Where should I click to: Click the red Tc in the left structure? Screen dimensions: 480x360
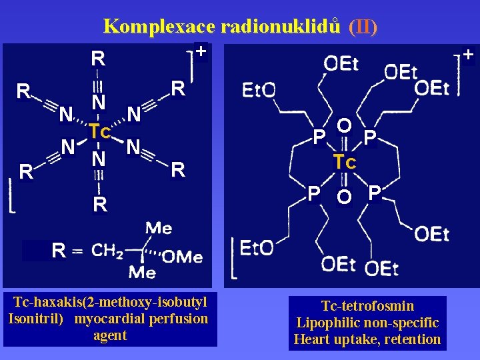[99, 131]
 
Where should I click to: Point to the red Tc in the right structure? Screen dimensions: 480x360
[345, 162]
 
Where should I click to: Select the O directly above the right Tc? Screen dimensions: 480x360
[344, 126]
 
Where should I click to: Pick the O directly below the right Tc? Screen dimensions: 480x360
[344, 197]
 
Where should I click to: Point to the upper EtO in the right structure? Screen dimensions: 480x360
[259, 90]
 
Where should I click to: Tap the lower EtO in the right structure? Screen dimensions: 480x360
[257, 249]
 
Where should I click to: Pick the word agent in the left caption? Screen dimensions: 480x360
[110, 335]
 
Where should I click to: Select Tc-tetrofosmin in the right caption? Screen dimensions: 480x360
[367, 306]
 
